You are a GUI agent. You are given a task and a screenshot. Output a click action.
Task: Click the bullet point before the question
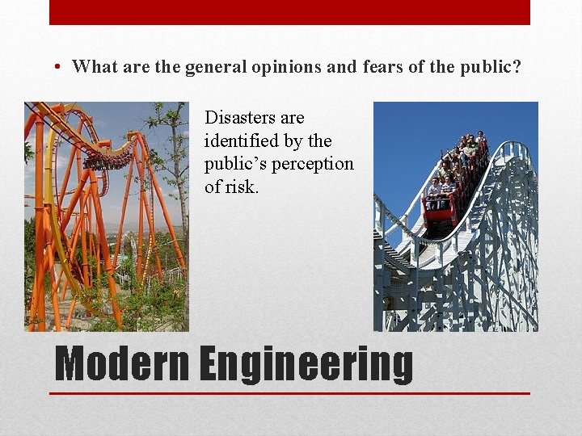click(61, 67)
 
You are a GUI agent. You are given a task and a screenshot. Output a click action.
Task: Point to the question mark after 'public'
click(517, 67)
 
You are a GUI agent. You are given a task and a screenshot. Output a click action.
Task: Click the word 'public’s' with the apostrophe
click(234, 164)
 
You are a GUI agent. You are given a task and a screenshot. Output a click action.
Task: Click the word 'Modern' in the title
click(121, 364)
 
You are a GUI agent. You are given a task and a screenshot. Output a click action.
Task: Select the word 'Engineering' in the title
click(306, 364)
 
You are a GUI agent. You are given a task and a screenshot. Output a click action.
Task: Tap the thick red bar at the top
click(289, 12)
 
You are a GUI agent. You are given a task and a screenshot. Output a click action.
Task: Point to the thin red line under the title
click(289, 393)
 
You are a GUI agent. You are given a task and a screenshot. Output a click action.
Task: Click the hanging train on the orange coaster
click(108, 160)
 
